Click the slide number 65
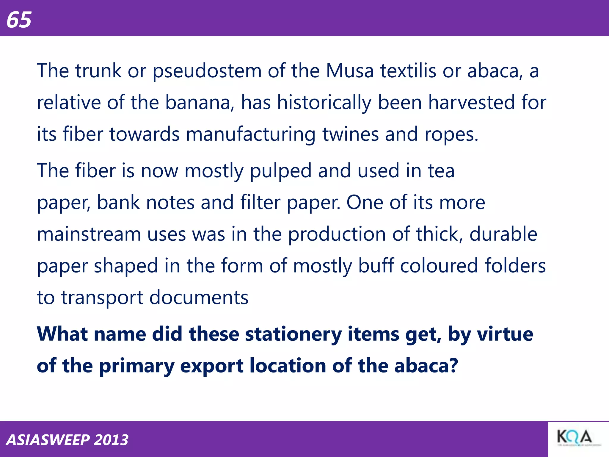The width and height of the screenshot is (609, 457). click(x=19, y=20)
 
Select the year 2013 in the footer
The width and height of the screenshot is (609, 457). click(x=111, y=440)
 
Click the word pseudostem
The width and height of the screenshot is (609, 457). click(x=207, y=71)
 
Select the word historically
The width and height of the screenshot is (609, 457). click(x=324, y=103)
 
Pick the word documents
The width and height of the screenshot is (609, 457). click(x=199, y=297)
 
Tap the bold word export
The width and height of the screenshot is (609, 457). click(x=212, y=366)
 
